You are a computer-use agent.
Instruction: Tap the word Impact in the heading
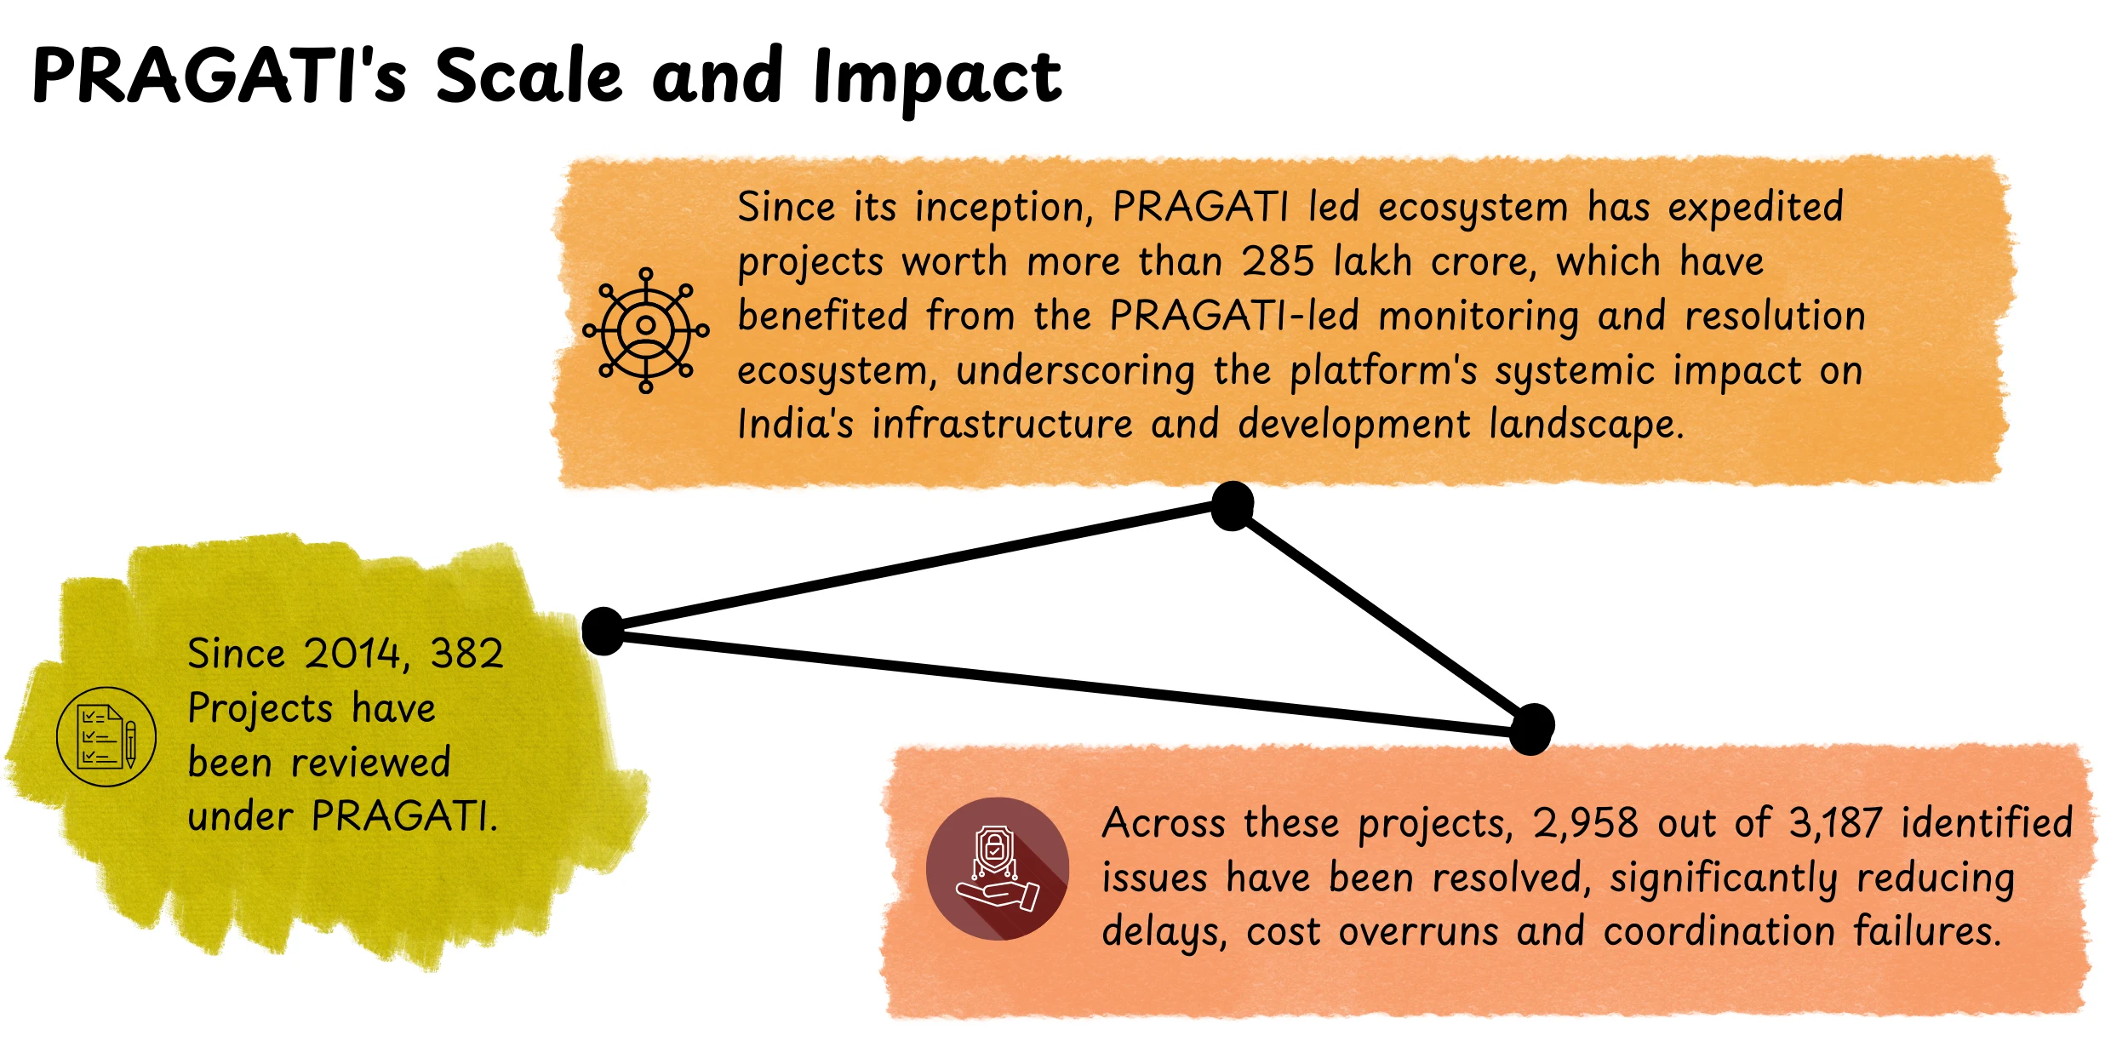pos(937,78)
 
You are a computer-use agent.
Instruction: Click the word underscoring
pos(1075,371)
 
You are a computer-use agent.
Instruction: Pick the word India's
pos(795,424)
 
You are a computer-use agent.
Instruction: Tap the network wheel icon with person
pos(646,330)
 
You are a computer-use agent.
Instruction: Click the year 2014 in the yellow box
pos(352,654)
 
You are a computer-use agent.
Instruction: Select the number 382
pos(466,654)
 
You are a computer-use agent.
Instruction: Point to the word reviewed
pos(370,763)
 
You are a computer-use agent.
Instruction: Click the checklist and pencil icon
pos(106,736)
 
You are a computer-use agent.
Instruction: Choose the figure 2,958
pos(1585,823)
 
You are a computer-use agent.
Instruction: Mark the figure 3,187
pos(1835,823)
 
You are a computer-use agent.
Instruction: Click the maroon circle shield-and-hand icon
pos(998,868)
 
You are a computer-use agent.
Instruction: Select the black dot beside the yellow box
pos(604,631)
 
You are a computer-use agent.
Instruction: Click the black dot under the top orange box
pos(1232,506)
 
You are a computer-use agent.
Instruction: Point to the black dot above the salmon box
pos(1531,729)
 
